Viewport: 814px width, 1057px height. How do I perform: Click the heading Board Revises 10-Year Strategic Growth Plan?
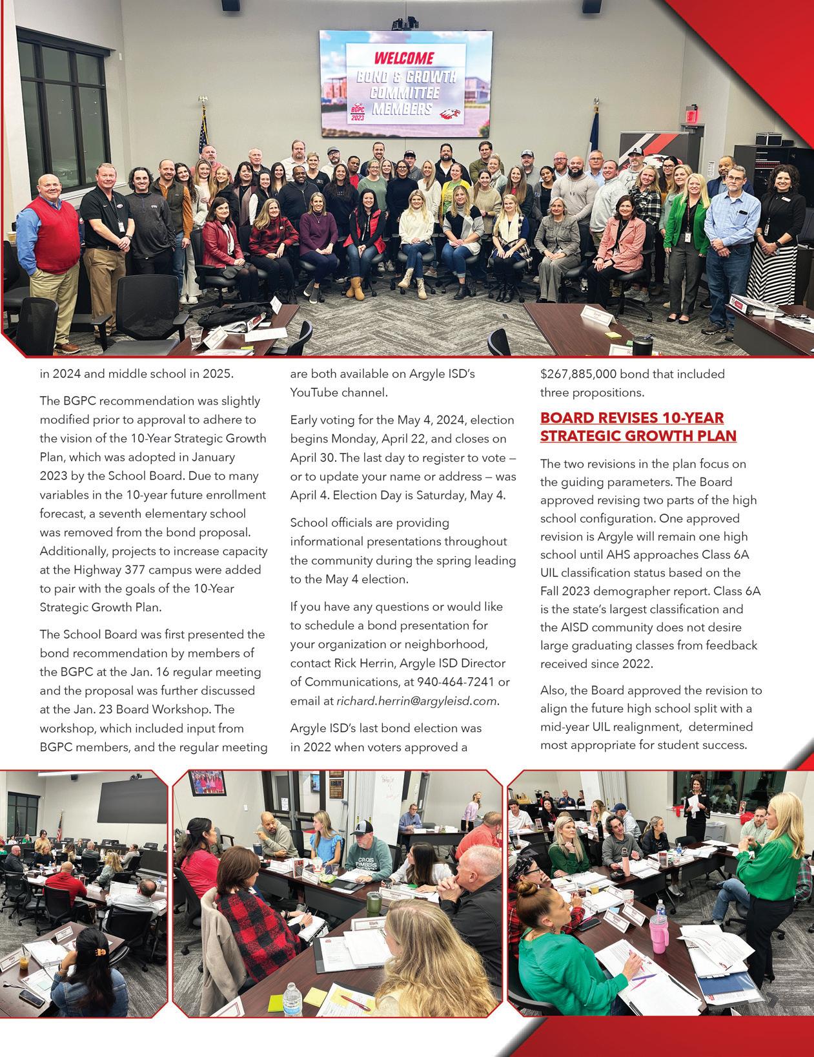click(638, 426)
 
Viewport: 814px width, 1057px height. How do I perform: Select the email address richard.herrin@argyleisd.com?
click(417, 700)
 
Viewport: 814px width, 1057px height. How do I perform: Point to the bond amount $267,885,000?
click(587, 373)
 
